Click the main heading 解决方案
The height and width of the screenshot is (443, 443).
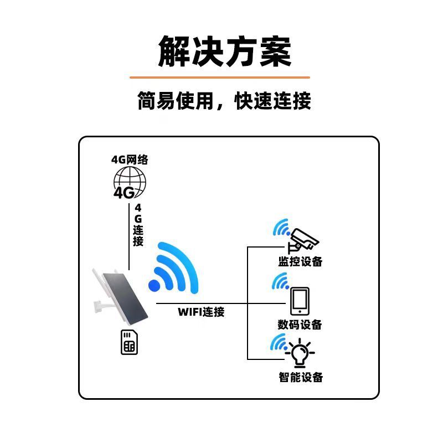[224, 51]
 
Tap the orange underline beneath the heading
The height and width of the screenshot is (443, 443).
[220, 78]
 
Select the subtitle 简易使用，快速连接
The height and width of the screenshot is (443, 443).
[224, 101]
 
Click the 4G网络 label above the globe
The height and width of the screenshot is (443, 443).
[130, 160]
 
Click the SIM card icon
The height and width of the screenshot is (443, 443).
[129, 343]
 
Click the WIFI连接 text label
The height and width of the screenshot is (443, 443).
[201, 312]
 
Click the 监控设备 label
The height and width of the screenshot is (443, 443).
[300, 262]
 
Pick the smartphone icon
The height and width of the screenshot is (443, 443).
[300, 301]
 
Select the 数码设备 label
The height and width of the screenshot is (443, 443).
[300, 324]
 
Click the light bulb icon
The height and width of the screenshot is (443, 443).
[300, 353]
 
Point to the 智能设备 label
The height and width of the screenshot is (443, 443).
[300, 378]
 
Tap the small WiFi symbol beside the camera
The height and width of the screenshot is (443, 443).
[281, 229]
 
